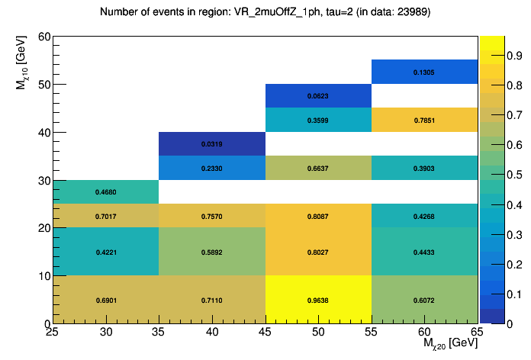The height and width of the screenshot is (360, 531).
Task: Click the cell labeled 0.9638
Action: (x=318, y=300)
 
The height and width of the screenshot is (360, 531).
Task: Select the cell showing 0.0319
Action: (x=211, y=143)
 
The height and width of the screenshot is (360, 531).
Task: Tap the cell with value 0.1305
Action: (x=424, y=72)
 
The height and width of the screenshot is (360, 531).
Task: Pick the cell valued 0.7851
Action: (x=424, y=120)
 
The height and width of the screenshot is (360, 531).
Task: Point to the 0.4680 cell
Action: (x=105, y=191)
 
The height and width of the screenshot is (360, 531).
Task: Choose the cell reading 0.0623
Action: (x=318, y=96)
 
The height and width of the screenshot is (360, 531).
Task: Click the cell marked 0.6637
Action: (x=318, y=168)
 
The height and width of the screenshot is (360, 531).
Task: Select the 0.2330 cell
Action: (x=211, y=168)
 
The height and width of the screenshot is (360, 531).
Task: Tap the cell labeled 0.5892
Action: (x=211, y=252)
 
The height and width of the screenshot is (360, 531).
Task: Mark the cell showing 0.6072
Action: (x=424, y=300)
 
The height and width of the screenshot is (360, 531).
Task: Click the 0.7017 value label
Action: (x=105, y=216)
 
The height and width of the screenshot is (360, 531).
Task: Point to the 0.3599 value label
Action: (x=318, y=121)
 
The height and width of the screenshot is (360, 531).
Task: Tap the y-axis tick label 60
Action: (x=43, y=37)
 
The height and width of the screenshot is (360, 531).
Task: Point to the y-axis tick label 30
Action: (x=43, y=181)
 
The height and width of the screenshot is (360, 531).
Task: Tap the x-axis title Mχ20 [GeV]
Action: (x=450, y=344)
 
